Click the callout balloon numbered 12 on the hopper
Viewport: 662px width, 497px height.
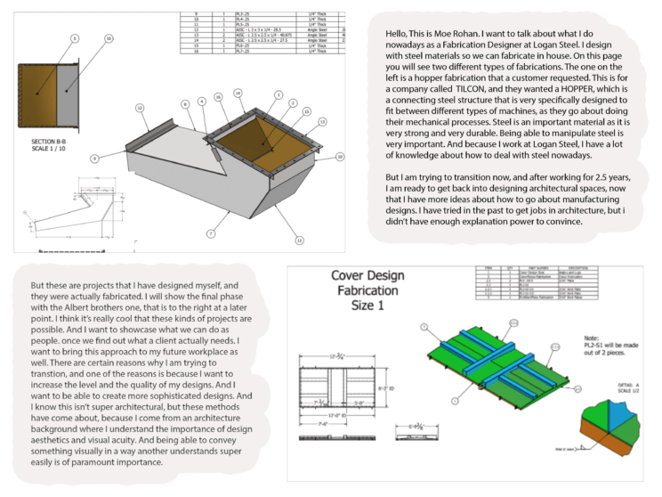point(140,108)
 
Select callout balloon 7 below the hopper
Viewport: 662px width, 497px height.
point(210,233)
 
